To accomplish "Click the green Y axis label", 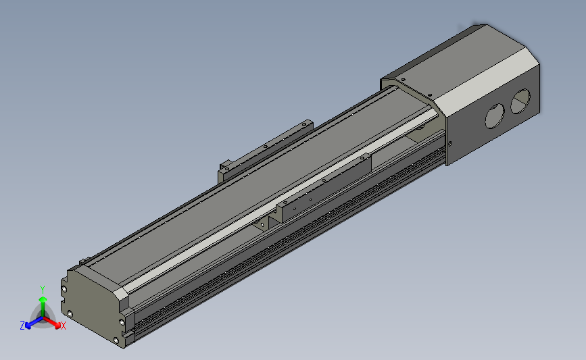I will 43,288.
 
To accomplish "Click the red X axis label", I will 64,326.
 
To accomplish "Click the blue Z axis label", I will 22,326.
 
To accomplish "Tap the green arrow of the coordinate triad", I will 43,301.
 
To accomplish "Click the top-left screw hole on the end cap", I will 64,288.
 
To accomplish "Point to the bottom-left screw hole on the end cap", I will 69,313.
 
